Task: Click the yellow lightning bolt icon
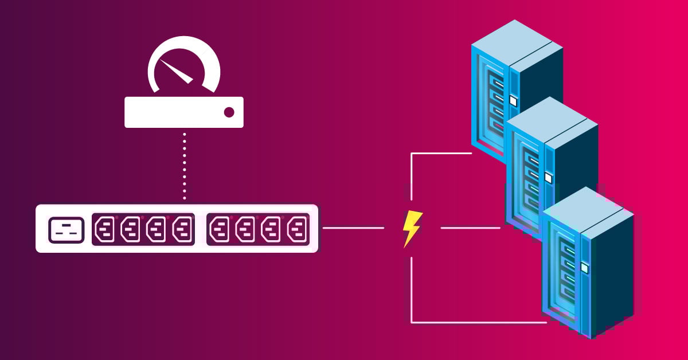pyautogui.click(x=412, y=228)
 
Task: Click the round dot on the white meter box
pyautogui.click(x=229, y=112)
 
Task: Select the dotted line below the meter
pyautogui.click(x=185, y=166)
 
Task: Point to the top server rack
pyautogui.click(x=516, y=80)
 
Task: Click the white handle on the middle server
pyautogui.click(x=548, y=178)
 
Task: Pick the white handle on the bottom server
pyautogui.click(x=584, y=267)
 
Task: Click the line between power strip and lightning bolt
pyautogui.click(x=353, y=228)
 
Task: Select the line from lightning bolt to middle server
pyautogui.click(x=470, y=228)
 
